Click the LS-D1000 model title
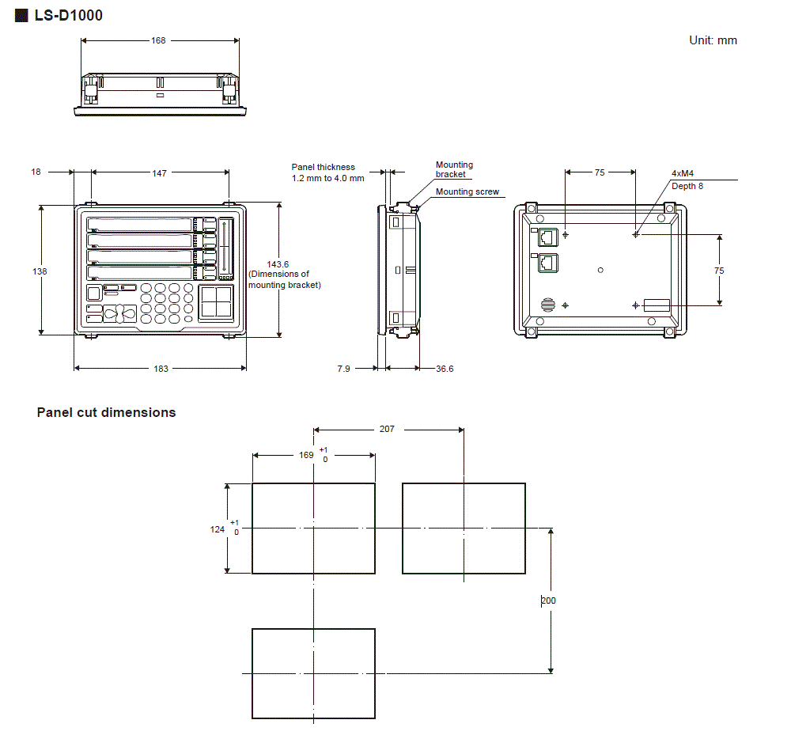pyautogui.click(x=68, y=15)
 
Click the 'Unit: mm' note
pyautogui.click(x=713, y=40)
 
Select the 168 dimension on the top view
pyautogui.click(x=159, y=40)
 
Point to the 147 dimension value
pyautogui.click(x=160, y=172)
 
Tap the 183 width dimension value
pyautogui.click(x=161, y=369)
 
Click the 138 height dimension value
pyautogui.click(x=40, y=271)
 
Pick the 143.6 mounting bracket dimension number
pyautogui.click(x=278, y=264)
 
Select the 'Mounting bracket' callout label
pyautogui.click(x=454, y=169)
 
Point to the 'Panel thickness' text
pyautogui.click(x=323, y=167)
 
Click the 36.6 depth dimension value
pyautogui.click(x=445, y=369)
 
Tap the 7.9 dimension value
pyautogui.click(x=343, y=369)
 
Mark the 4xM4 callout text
pyautogui.click(x=683, y=173)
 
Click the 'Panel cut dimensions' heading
pyautogui.click(x=106, y=412)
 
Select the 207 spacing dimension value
pyautogui.click(x=387, y=429)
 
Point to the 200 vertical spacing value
pyautogui.click(x=548, y=601)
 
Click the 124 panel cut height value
pyautogui.click(x=218, y=529)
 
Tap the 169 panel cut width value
pyautogui.click(x=306, y=455)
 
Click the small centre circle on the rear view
pyautogui.click(x=601, y=270)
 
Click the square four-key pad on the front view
pyautogui.click(x=216, y=302)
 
